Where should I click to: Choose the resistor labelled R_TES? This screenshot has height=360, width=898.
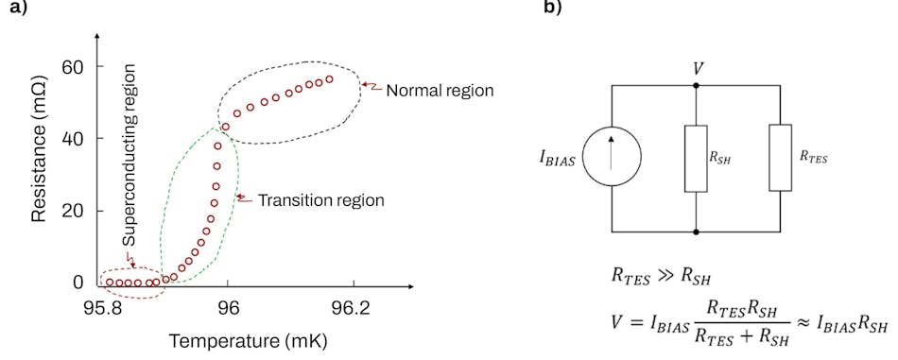tap(780, 157)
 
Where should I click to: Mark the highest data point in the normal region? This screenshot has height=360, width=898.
tap(329, 79)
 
